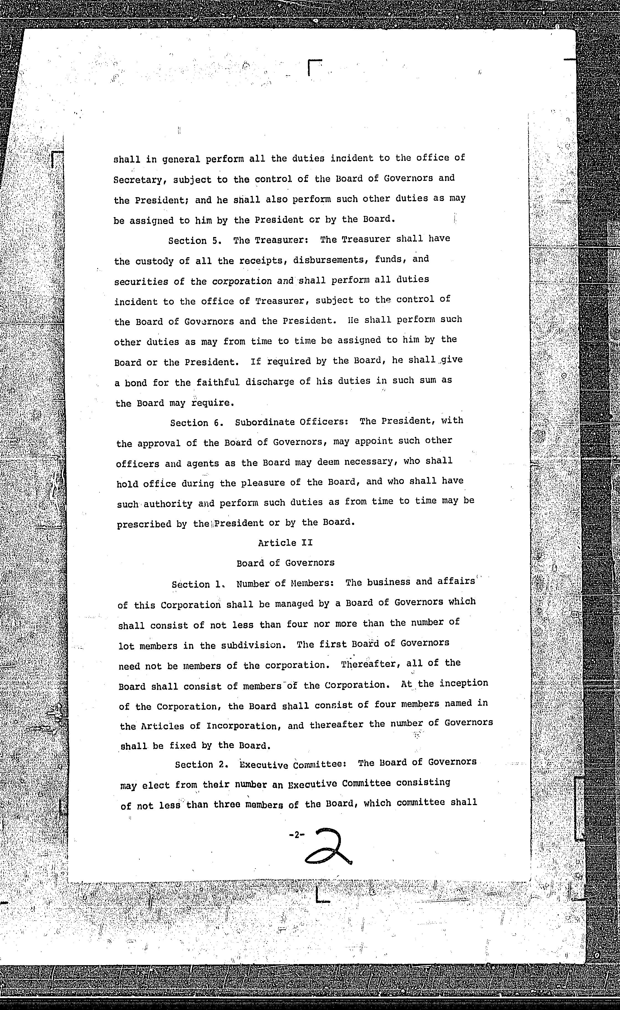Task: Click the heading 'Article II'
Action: point(285,543)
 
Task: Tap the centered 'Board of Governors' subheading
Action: point(285,563)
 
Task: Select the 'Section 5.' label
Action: point(195,241)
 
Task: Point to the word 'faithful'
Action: point(218,382)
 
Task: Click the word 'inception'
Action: point(464,683)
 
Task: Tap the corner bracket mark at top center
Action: point(314,68)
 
